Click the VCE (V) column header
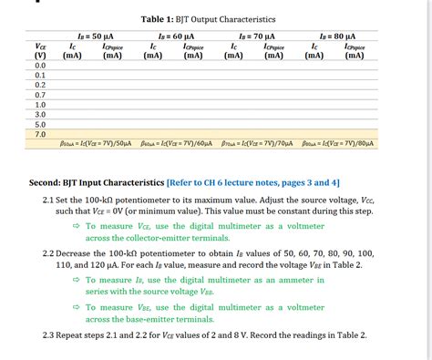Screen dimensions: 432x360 [x=40, y=50]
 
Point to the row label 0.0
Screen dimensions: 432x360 [x=40, y=67]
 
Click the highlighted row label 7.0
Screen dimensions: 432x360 [x=40, y=134]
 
